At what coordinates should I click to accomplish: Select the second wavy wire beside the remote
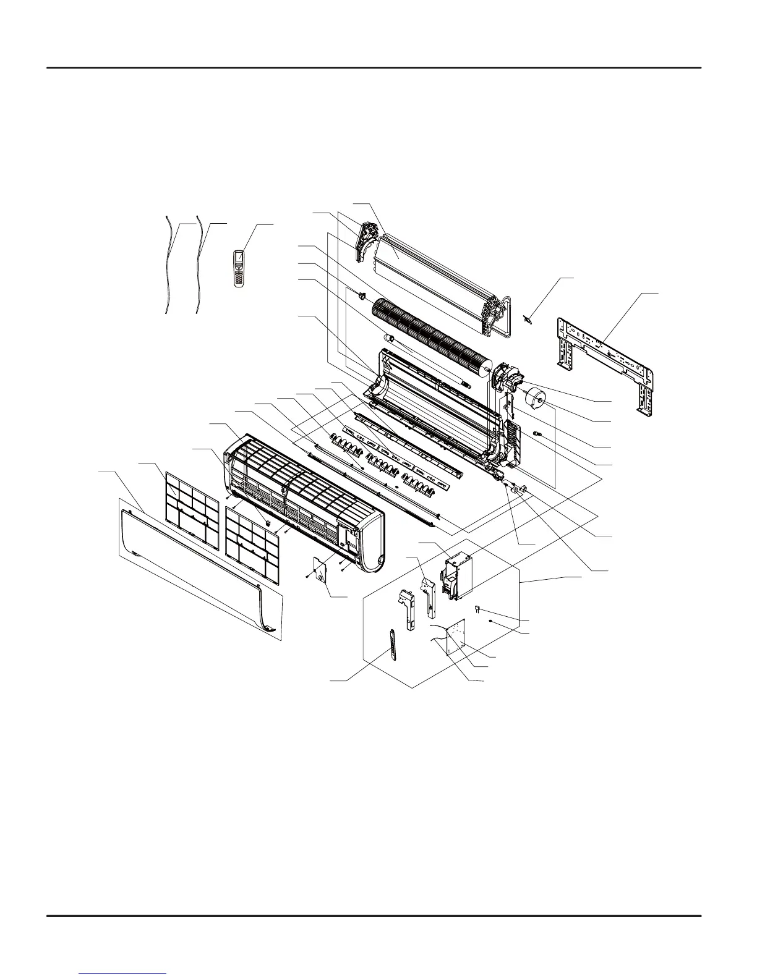(x=200, y=265)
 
